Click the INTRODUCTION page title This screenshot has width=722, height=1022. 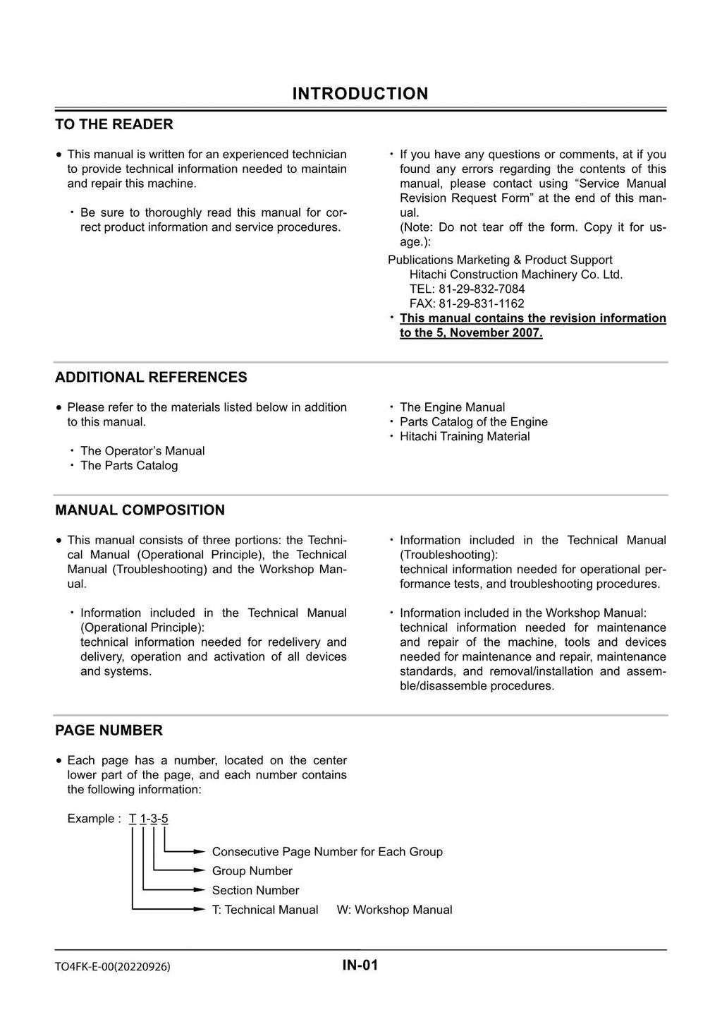360,94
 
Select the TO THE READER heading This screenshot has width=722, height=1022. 114,124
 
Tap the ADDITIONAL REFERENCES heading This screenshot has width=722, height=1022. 151,377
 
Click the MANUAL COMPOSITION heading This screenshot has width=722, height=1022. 140,510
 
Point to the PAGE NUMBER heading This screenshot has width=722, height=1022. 109,730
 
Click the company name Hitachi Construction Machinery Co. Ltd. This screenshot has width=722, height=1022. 515,275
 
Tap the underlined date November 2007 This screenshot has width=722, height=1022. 496,333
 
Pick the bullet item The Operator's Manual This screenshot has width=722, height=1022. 142,451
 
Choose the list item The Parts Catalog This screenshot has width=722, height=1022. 128,466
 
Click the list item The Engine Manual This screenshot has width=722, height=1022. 452,407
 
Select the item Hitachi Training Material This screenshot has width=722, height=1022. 465,436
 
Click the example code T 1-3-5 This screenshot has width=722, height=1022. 149,819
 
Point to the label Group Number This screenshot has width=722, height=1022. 252,871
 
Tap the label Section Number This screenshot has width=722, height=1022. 255,891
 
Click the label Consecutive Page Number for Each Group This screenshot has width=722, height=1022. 327,852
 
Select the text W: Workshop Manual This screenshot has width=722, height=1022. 394,910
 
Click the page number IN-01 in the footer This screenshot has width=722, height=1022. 360,966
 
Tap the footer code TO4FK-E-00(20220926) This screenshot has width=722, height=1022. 112,967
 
